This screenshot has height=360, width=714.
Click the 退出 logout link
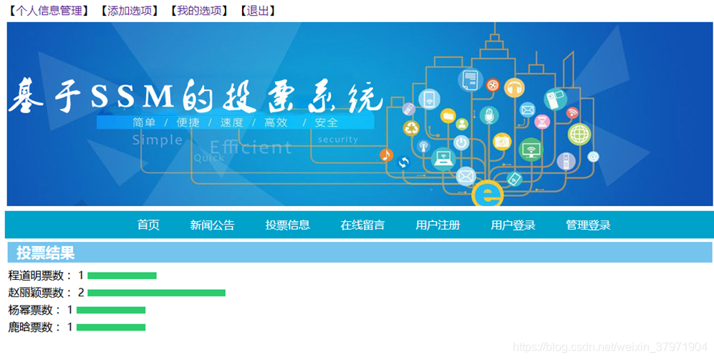[258, 11]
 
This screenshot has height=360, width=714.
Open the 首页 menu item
[148, 225]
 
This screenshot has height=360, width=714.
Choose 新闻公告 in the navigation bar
[212, 225]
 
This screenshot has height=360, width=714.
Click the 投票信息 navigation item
[287, 225]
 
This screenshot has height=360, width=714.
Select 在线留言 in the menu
[362, 225]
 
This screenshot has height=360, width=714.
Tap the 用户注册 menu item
[438, 225]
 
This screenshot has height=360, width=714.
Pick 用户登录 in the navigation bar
[513, 225]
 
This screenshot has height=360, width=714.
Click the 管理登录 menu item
[588, 225]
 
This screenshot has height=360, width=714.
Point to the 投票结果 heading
[45, 253]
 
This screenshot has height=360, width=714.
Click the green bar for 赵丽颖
[156, 293]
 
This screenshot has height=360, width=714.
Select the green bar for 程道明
[122, 276]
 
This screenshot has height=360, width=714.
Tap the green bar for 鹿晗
[110, 327]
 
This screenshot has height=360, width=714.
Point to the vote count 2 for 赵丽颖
[81, 293]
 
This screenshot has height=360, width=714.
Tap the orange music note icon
[386, 155]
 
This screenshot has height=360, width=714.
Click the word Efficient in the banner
[251, 147]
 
